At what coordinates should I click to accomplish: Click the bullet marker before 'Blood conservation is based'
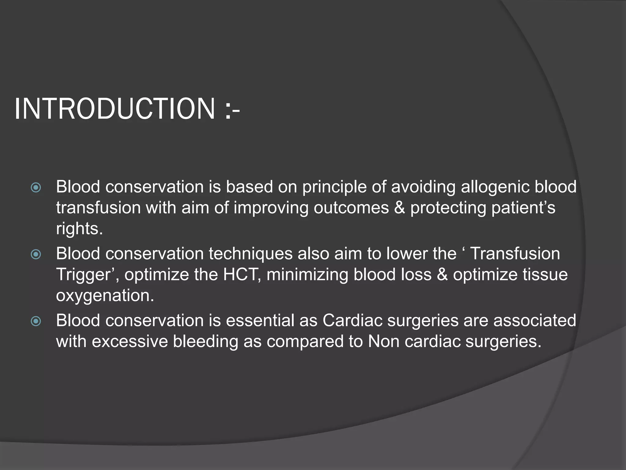pyautogui.click(x=36, y=187)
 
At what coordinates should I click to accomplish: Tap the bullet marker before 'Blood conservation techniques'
pyautogui.click(x=36, y=254)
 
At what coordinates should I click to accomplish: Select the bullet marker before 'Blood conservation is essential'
pyautogui.click(x=36, y=321)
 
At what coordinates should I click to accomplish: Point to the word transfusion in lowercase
pyautogui.click(x=98, y=208)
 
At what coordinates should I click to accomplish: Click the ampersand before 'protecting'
pyautogui.click(x=399, y=208)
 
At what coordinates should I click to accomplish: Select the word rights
pyautogui.click(x=79, y=229)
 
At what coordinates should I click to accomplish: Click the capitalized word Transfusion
pyautogui.click(x=515, y=254)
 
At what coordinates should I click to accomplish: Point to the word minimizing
pyautogui.click(x=307, y=274)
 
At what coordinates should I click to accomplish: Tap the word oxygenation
pyautogui.click(x=105, y=296)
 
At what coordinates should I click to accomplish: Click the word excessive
pyautogui.click(x=130, y=341)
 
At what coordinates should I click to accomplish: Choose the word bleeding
pyautogui.click(x=205, y=341)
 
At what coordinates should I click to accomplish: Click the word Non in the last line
pyautogui.click(x=384, y=341)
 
